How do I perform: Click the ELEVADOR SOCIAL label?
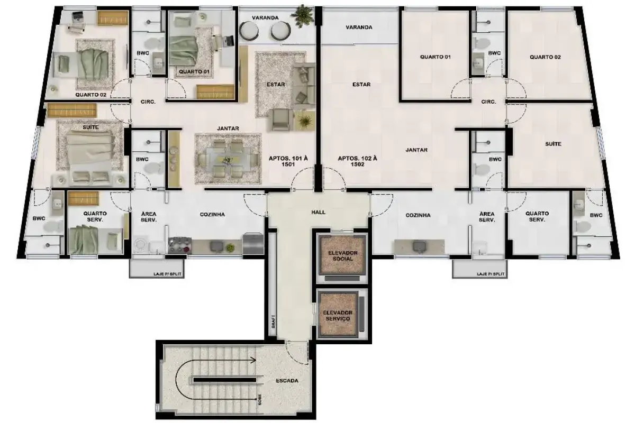pyautogui.click(x=342, y=255)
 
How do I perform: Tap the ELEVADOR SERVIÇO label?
pyautogui.click(x=338, y=315)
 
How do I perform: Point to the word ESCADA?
pyautogui.click(x=287, y=381)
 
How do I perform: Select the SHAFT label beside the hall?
pyautogui.click(x=273, y=321)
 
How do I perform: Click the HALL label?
pyautogui.click(x=319, y=212)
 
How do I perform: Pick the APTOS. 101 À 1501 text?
pyautogui.click(x=288, y=161)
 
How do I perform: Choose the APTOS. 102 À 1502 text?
pyautogui.click(x=358, y=161)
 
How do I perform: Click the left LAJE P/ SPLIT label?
pyautogui.click(x=167, y=274)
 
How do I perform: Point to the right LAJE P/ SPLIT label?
pyautogui.click(x=491, y=274)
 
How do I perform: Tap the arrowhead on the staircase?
pyautogui.click(x=252, y=361)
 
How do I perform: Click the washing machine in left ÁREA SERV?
pyautogui.click(x=140, y=245)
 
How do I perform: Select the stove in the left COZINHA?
pyautogui.click(x=180, y=245)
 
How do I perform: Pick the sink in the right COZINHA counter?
pyautogui.click(x=419, y=246)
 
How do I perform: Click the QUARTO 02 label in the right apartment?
pyautogui.click(x=545, y=57)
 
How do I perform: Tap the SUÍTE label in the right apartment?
pyautogui.click(x=553, y=144)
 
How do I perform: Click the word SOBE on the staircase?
pyautogui.click(x=260, y=399)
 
